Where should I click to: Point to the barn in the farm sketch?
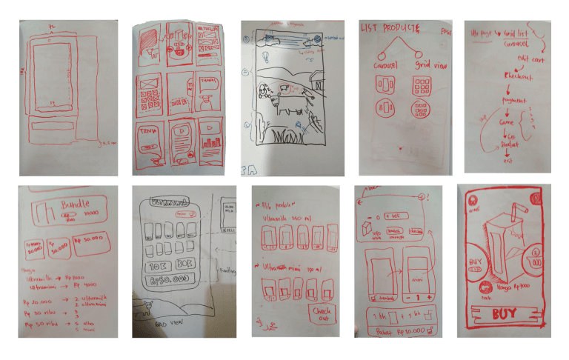[317, 81]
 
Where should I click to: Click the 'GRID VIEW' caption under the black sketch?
[170, 324]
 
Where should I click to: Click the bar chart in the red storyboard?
[210, 141]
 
